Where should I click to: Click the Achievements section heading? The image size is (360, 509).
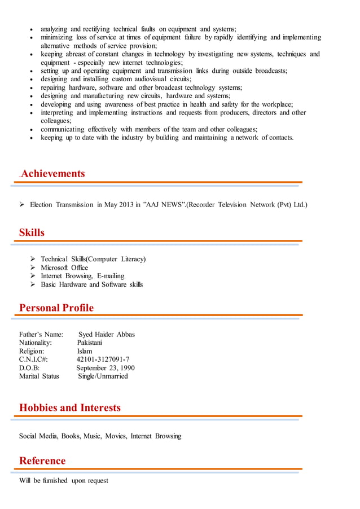53,174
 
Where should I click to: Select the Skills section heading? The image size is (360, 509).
32,232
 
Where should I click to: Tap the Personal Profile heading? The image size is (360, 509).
56,308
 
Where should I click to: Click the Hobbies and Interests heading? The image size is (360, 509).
70,407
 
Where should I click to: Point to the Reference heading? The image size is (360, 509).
42,460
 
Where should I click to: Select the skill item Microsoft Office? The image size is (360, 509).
64,267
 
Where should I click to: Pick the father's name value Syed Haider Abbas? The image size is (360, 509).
106,334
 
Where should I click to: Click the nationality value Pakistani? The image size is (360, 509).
90,343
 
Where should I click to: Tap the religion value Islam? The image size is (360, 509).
85,351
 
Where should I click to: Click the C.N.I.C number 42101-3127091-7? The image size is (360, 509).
103,359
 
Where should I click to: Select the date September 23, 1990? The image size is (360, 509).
105,368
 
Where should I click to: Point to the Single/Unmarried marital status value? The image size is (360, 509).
103,376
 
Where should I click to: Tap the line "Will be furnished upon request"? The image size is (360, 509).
64,481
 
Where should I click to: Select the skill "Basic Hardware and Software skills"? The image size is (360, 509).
91,284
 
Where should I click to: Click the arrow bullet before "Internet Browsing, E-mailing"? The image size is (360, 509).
33,276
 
